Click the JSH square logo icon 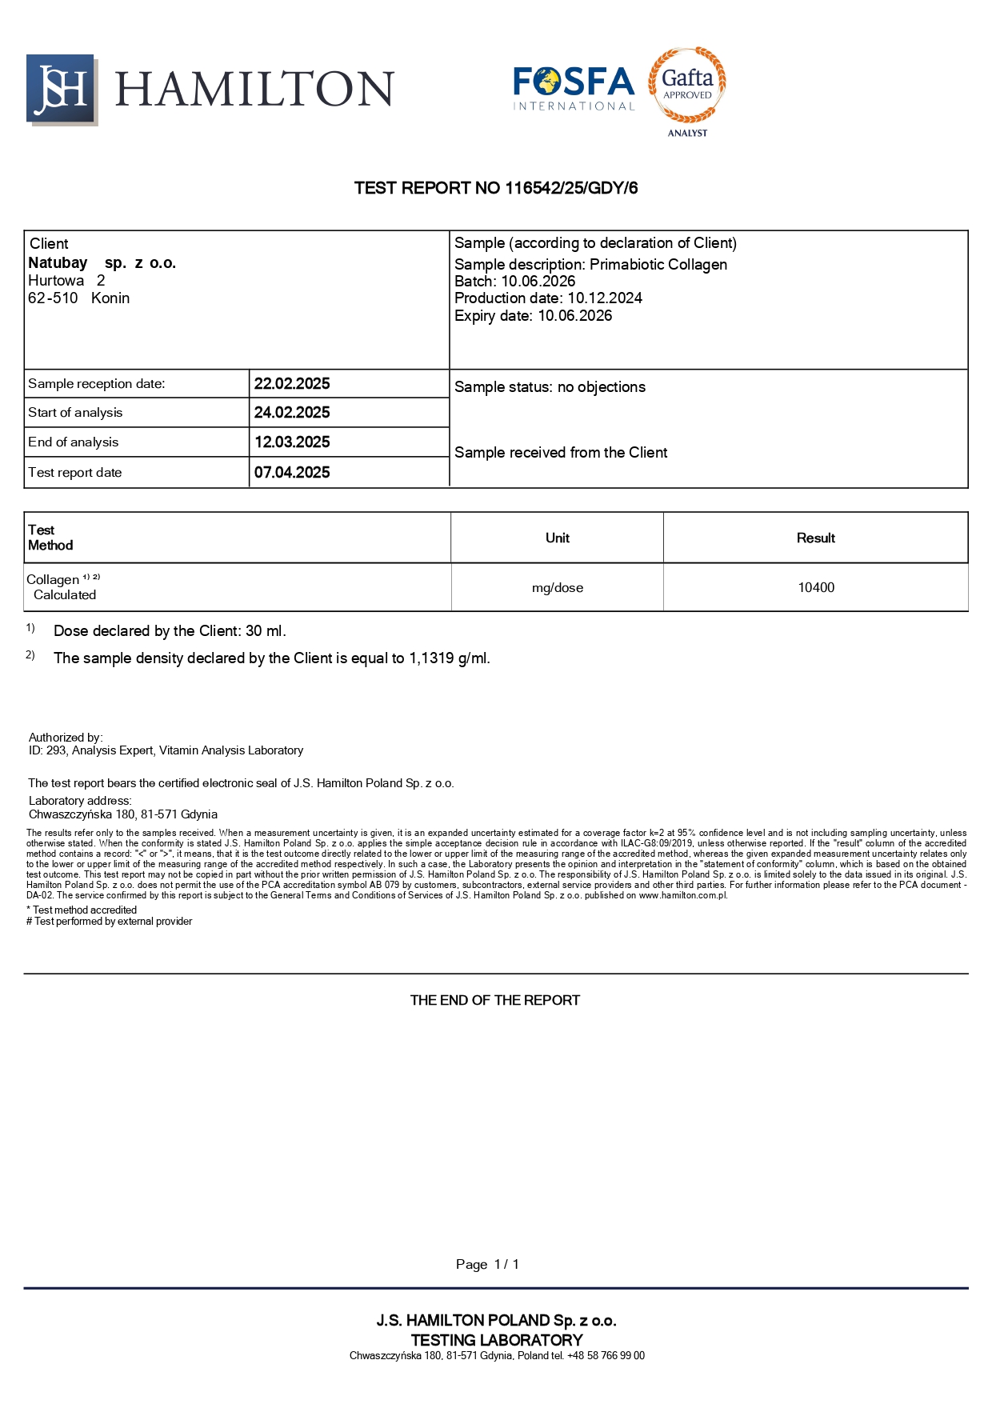pos(62,90)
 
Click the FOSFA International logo pos(574,88)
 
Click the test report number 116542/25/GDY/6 pos(571,188)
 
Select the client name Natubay pos(58,262)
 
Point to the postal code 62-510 pos(53,298)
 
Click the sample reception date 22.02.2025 pos(292,384)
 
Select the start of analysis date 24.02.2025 pos(292,413)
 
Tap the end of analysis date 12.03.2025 pos(292,442)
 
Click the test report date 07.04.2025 pos(292,473)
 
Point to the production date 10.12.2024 pos(605,298)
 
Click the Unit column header pos(558,538)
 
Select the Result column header pos(815,538)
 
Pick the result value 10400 pos(816,588)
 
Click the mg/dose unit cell pos(558,588)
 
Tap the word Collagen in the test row pos(53,580)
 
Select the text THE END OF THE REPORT pos(495,1001)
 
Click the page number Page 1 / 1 pos(487,1265)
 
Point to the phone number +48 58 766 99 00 pos(606,1356)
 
